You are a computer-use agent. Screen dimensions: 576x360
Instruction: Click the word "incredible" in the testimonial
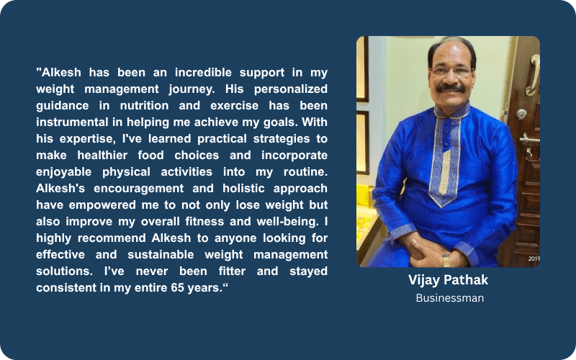pyautogui.click(x=203, y=73)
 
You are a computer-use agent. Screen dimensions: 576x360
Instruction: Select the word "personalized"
pyautogui.click(x=291, y=89)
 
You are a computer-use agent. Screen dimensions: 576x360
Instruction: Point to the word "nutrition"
pyautogui.click(x=145, y=105)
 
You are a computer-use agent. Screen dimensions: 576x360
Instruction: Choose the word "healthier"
pyautogui.click(x=102, y=155)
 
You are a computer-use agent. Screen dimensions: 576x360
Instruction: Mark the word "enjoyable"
pyautogui.click(x=63, y=172)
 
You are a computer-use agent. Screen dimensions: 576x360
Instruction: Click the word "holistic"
pyautogui.click(x=243, y=188)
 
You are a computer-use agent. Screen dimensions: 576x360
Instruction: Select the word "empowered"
pyautogui.click(x=102, y=205)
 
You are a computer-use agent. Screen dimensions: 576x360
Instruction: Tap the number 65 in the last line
pyautogui.click(x=177, y=287)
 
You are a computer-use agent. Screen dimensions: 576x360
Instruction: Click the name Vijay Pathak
pyautogui.click(x=448, y=280)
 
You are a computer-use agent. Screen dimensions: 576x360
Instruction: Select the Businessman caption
pyautogui.click(x=449, y=298)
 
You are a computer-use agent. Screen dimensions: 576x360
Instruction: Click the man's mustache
pyautogui.click(x=451, y=88)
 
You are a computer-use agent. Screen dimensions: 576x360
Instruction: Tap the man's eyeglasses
pyautogui.click(x=451, y=71)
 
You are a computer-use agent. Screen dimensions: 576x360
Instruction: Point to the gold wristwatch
pyautogui.click(x=446, y=260)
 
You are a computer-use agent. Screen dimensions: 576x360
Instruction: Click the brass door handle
pyautogui.click(x=532, y=76)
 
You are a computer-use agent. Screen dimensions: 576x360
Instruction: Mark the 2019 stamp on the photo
pyautogui.click(x=534, y=258)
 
